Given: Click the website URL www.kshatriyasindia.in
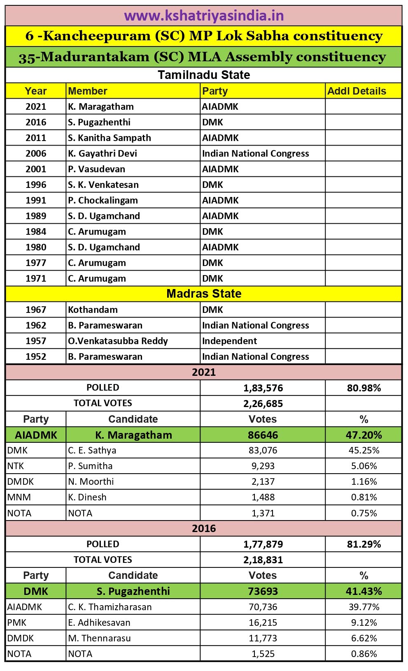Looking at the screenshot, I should coord(204,16).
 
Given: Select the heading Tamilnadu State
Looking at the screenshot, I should coord(204,75).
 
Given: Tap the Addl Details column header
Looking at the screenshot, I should coord(357,91).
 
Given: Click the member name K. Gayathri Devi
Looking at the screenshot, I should coord(103,153).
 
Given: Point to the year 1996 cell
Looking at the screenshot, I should coord(36,185).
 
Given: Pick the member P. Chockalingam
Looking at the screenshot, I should coord(103,200).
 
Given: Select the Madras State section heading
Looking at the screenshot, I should coord(204,294).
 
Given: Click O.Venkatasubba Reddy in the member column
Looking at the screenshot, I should coord(118,341).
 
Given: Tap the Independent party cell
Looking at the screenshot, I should coord(229,341).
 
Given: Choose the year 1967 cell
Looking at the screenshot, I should coord(36,310).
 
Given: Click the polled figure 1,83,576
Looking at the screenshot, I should coord(263,388).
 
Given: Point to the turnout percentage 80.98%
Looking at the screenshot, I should coord(364,388).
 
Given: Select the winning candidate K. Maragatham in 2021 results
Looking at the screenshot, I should coord(133,435).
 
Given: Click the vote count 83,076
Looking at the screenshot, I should coord(263,450).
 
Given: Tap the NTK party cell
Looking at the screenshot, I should coord(16,466).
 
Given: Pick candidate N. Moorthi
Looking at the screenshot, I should coord(91,481).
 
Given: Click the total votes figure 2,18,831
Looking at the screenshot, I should coord(263,560).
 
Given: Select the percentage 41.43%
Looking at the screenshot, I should coord(364,591).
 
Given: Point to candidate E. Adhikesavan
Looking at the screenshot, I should coord(99,622).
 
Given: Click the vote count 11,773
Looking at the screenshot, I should coord(263,638).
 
